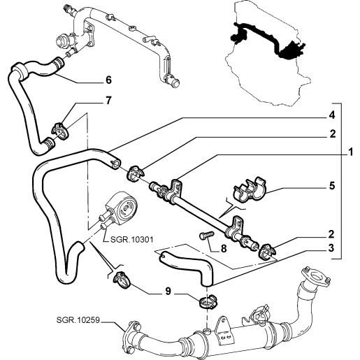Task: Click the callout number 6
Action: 108,80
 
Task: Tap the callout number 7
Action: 108,101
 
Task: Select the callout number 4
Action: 332,115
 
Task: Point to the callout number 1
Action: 350,152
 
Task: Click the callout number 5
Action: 332,186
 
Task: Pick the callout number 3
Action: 331,248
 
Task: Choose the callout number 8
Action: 224,249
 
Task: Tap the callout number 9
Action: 168,291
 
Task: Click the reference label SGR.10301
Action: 132,239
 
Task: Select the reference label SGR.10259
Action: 78,320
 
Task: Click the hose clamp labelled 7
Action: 60,131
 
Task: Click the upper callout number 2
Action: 333,134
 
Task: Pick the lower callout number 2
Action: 331,234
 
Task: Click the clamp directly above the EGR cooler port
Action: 208,302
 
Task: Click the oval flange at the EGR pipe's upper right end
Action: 316,278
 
